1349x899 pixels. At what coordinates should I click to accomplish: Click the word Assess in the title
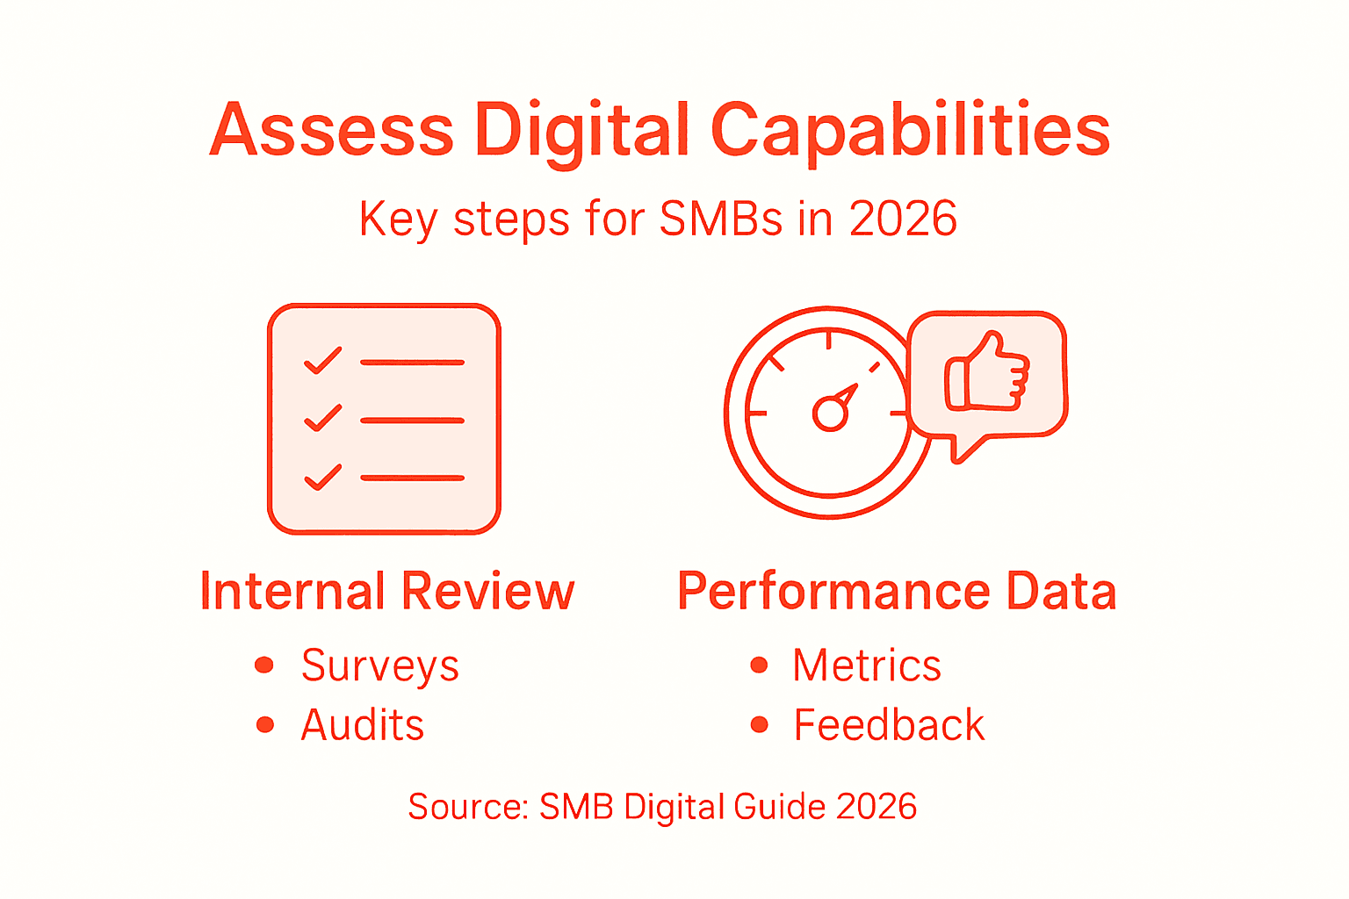click(x=331, y=130)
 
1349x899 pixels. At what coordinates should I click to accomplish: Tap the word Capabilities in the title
click(x=910, y=132)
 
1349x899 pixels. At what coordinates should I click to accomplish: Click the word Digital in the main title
click(x=581, y=132)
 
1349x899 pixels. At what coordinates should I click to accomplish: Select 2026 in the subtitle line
click(x=903, y=219)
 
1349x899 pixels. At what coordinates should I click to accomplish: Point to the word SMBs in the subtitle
click(x=720, y=219)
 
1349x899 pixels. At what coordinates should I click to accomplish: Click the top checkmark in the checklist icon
click(x=322, y=361)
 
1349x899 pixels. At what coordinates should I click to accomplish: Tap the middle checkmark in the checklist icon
click(x=322, y=419)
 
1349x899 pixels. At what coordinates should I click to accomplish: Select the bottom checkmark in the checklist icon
click(x=322, y=477)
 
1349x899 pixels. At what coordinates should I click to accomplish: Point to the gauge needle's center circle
click(x=829, y=413)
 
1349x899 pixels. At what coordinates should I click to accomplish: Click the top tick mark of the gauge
click(x=828, y=339)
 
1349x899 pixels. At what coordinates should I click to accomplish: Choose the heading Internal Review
click(x=387, y=591)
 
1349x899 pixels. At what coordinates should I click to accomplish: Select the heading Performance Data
click(x=897, y=591)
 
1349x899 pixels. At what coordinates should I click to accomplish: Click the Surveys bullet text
click(x=379, y=665)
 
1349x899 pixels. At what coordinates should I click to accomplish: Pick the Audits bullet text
click(x=362, y=725)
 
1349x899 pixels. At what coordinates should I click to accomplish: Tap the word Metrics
click(x=867, y=665)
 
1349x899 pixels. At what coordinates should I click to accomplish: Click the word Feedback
click(x=889, y=725)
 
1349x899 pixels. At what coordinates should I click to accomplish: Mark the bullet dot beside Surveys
click(x=263, y=665)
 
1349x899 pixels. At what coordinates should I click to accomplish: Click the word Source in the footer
click(x=465, y=806)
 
